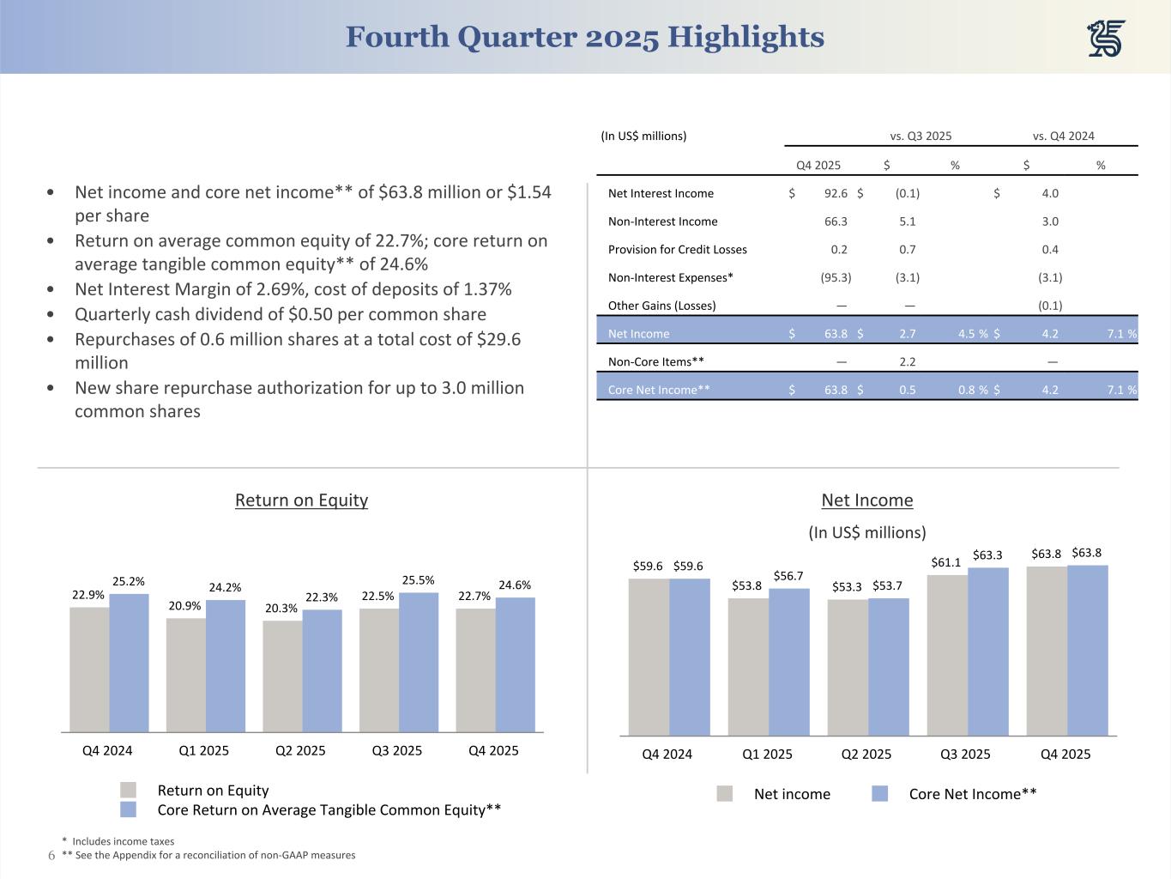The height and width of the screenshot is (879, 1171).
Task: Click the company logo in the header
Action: pos(1107,39)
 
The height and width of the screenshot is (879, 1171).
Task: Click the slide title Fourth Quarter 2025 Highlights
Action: pos(585,37)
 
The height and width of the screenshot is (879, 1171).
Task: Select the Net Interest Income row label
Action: pos(661,193)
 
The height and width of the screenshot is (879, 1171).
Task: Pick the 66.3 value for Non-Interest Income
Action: pos(836,221)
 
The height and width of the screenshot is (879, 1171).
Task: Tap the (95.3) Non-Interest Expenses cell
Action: pos(834,277)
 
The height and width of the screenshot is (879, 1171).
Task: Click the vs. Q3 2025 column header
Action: pos(921,136)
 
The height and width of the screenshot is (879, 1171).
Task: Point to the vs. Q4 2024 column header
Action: pos(1064,136)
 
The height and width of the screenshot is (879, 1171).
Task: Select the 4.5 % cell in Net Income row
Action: pos(973,333)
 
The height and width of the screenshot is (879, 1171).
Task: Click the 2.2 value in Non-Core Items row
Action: pos(908,361)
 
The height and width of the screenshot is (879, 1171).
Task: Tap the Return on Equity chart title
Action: pos(301,500)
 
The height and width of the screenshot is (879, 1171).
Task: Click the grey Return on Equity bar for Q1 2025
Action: pos(186,675)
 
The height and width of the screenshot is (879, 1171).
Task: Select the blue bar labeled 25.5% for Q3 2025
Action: pos(419,662)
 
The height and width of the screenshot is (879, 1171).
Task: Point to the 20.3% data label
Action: pos(281,608)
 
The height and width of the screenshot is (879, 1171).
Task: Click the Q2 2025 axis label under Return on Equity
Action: pos(300,750)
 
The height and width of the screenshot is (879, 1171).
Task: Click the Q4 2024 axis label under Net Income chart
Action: pos(667,754)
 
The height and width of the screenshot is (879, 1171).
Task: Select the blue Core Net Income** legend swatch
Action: pos(879,794)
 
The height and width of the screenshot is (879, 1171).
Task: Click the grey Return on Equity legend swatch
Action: pos(128,790)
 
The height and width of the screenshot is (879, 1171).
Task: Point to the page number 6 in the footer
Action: pos(51,855)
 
